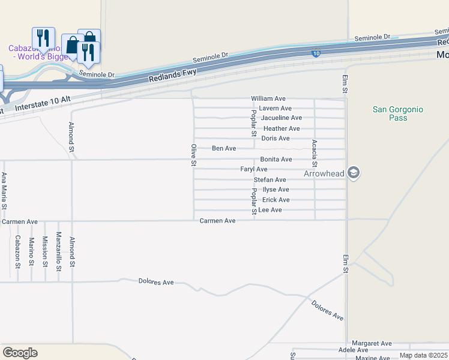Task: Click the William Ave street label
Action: point(268,98)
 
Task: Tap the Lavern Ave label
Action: point(276,108)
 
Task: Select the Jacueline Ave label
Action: point(281,118)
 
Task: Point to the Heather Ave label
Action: point(282,128)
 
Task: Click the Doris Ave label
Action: point(276,139)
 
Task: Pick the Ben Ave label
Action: point(224,148)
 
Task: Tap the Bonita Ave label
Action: point(276,160)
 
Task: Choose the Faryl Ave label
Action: point(254,170)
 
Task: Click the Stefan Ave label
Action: point(270,180)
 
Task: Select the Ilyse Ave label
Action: point(276,190)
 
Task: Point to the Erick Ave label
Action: point(276,200)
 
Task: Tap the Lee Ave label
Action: point(270,210)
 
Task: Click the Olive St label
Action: point(193,155)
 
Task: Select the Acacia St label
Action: point(315,153)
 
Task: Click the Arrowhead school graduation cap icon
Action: point(354,173)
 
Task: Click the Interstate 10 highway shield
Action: point(316,54)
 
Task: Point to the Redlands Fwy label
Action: point(172,76)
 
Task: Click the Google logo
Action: point(20,353)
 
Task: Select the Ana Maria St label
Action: point(4,190)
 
